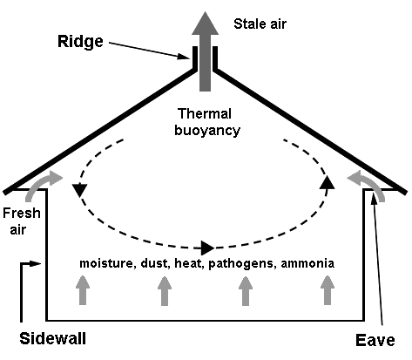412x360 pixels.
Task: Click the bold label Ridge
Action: [80, 42]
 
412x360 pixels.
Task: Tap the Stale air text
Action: [260, 24]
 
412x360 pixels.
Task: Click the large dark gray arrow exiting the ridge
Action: [205, 51]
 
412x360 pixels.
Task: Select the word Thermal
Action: [205, 113]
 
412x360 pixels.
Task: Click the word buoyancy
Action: [207, 131]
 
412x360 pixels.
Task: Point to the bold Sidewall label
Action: [53, 338]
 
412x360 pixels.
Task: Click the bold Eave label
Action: [375, 340]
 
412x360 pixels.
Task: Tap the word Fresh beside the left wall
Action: [22, 213]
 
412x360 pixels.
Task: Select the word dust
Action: [155, 263]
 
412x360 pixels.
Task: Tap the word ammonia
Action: [307, 263]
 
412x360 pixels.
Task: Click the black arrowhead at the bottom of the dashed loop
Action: [207, 248]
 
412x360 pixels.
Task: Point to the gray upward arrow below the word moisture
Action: [83, 290]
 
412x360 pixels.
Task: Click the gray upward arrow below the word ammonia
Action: [328, 290]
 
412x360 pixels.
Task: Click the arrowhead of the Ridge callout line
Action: [185, 56]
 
